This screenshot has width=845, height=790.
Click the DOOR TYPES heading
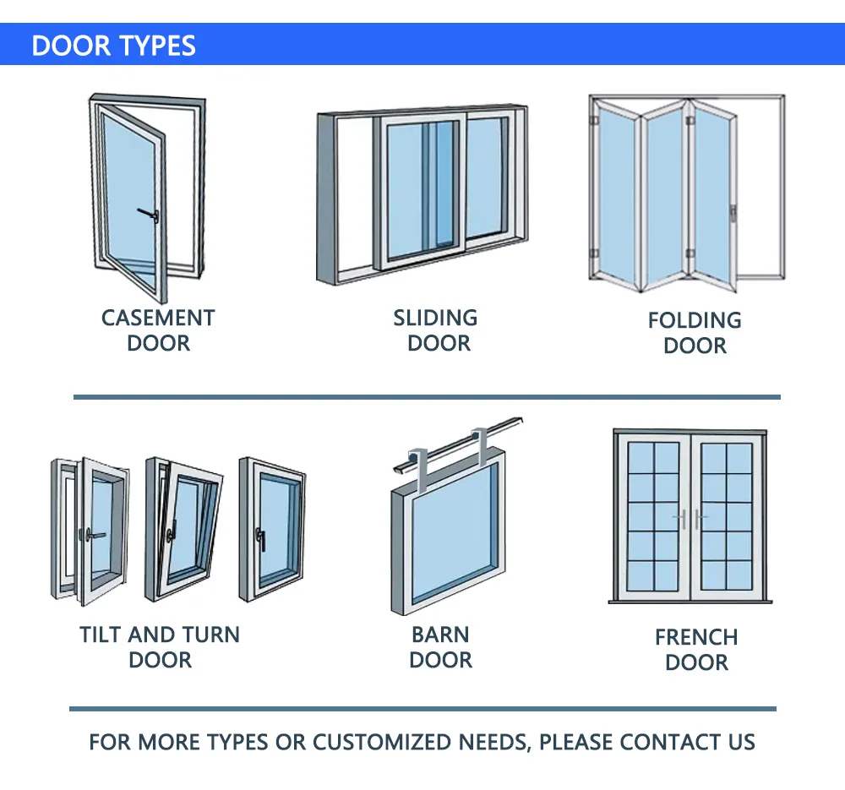click(x=113, y=45)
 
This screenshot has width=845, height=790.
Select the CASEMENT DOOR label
click(x=158, y=330)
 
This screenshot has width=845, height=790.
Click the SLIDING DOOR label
click(x=436, y=330)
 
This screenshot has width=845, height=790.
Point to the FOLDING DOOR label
click(x=695, y=333)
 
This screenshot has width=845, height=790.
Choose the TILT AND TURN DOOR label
click(x=160, y=647)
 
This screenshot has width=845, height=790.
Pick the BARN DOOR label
click(x=440, y=647)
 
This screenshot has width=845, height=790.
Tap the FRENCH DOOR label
click(x=696, y=650)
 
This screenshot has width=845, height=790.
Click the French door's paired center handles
click(x=690, y=520)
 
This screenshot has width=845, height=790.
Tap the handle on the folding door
click(x=733, y=213)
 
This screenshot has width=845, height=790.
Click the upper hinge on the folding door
click(x=594, y=123)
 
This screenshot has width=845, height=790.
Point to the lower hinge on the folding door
click(x=594, y=254)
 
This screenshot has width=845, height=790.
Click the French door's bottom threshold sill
click(x=690, y=602)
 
